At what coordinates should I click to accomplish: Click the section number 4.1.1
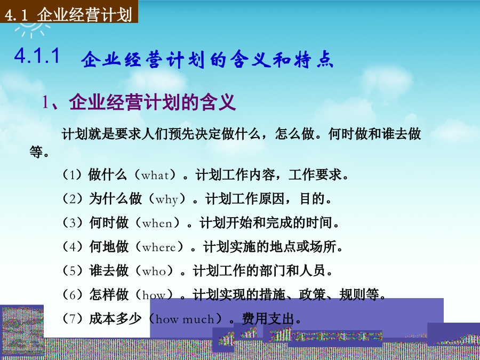[37, 55]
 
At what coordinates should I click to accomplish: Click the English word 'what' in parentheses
[155, 175]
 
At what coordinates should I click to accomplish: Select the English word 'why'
[167, 200]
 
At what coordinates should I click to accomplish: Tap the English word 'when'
[157, 223]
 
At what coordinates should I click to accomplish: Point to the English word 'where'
[159, 247]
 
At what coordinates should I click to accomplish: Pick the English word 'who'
[154, 271]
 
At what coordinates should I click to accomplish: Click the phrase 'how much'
[185, 319]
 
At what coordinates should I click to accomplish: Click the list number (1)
[73, 175]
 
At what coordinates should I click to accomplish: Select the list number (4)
[73, 247]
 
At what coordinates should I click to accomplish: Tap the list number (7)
[73, 319]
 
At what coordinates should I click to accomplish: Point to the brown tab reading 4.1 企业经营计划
[69, 11]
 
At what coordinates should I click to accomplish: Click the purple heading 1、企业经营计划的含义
[139, 102]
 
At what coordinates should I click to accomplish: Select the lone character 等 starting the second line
[36, 152]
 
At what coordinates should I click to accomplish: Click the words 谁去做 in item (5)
[109, 271]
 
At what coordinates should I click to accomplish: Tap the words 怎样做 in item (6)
[109, 295]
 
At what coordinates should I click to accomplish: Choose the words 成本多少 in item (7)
[115, 319]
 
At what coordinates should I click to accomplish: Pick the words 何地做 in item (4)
[109, 247]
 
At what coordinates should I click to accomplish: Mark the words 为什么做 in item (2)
[115, 199]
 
